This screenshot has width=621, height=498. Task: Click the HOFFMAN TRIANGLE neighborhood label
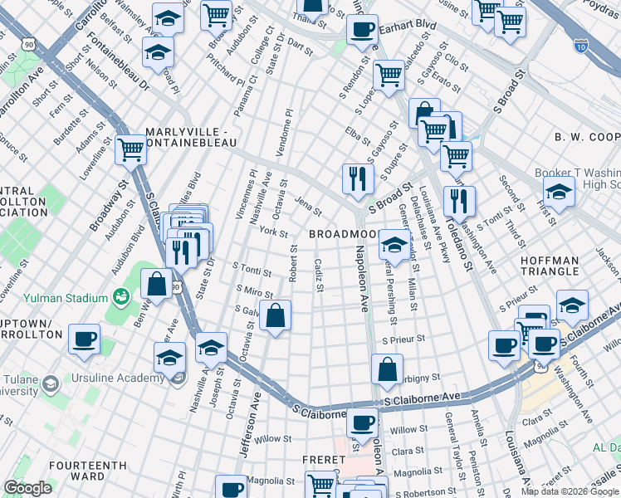click(550, 266)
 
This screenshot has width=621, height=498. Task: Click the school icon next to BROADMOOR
click(394, 244)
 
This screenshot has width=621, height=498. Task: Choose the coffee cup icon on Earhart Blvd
click(361, 29)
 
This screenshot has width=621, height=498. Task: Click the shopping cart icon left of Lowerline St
click(130, 149)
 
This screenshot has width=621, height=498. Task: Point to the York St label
click(273, 232)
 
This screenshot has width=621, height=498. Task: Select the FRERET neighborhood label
click(324, 459)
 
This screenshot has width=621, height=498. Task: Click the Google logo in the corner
click(27, 488)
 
